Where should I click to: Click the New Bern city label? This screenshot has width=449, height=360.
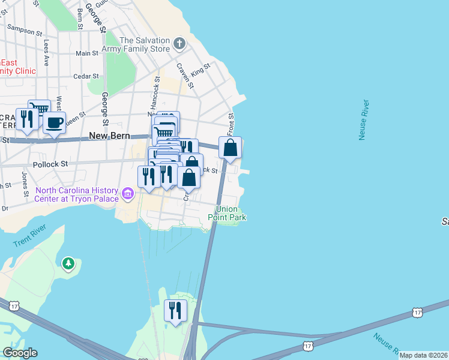point(109,136)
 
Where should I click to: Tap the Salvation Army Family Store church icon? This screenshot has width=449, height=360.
point(179,44)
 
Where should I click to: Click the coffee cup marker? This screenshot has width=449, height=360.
point(54,123)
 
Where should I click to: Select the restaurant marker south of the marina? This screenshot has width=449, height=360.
point(175,311)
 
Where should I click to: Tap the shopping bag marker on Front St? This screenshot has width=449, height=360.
point(230,148)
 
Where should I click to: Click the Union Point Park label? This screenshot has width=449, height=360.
point(231,213)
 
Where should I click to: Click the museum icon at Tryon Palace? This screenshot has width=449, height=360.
point(127,194)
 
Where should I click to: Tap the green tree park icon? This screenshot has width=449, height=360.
point(68,263)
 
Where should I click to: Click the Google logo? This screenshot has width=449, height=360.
point(20,353)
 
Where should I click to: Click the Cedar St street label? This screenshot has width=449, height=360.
point(86,76)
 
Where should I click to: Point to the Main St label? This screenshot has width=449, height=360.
point(87,53)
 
